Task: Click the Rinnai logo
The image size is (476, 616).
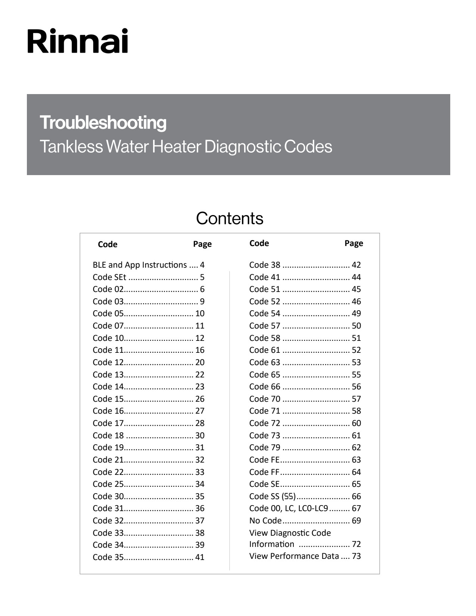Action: click(x=78, y=41)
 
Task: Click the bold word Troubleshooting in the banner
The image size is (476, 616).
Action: click(x=103, y=123)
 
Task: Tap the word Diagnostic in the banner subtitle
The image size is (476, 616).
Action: click(x=243, y=147)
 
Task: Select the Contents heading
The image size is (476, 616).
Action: click(x=230, y=218)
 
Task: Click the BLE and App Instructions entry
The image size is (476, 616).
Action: click(x=140, y=265)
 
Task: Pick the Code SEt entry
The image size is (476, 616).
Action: click(x=109, y=277)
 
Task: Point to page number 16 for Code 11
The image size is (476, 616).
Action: click(x=200, y=350)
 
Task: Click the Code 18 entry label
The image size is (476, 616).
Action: click(x=108, y=436)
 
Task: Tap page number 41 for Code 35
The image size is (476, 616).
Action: click(x=200, y=557)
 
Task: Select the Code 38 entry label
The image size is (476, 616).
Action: click(x=264, y=265)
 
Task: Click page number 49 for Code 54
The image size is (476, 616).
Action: click(x=356, y=314)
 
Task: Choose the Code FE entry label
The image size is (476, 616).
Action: click(x=264, y=460)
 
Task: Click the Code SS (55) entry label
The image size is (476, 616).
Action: click(x=273, y=497)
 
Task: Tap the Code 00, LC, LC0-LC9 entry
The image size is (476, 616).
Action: click(x=289, y=508)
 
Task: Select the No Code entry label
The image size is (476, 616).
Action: click(x=265, y=521)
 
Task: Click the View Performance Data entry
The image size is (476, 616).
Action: click(x=294, y=556)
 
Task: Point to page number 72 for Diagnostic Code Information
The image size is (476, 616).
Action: click(x=356, y=544)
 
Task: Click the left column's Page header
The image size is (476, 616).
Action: click(x=202, y=244)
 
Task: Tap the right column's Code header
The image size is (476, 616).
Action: click(x=259, y=243)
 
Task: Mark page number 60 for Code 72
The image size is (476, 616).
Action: click(x=356, y=423)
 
